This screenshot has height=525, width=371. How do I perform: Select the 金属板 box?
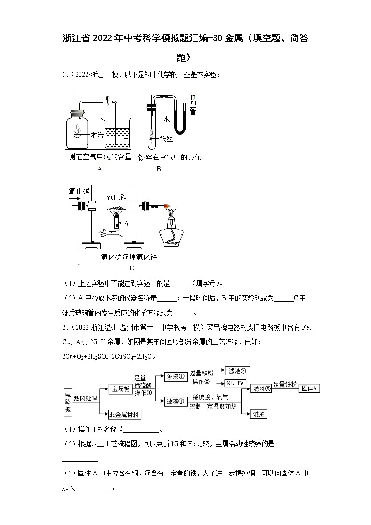(x=120, y=388)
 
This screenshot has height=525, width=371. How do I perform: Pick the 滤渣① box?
(x=176, y=401)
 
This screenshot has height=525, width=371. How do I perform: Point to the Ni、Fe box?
(x=235, y=383)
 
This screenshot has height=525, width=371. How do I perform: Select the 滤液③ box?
(x=261, y=388)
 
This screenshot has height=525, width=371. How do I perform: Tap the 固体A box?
(x=309, y=388)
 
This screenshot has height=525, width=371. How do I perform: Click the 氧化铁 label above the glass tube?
(x=117, y=197)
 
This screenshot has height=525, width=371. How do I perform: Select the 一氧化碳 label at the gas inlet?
(x=75, y=191)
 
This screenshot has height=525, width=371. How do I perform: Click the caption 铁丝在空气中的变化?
(x=169, y=158)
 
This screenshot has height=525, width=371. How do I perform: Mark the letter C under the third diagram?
(x=132, y=268)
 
